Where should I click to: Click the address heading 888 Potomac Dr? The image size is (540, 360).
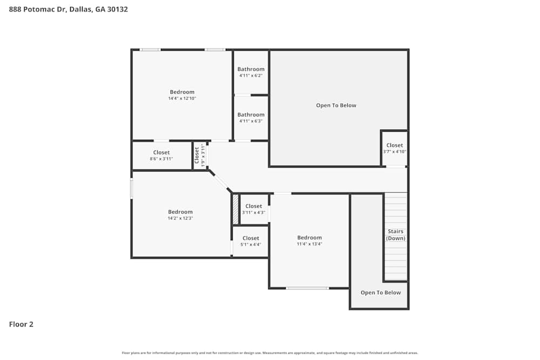coord(69,9)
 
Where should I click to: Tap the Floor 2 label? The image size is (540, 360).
coord(21,324)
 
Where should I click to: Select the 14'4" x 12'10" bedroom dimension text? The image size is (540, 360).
coord(182,99)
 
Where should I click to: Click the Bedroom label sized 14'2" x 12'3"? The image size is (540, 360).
coord(180,212)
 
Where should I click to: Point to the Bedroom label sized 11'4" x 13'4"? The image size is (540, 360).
coord(309,237)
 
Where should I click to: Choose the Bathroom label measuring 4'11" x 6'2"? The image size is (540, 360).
coord(251,69)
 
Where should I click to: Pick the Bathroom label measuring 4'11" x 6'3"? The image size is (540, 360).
coord(251,114)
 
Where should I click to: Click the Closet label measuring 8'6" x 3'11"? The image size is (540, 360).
coord(161,152)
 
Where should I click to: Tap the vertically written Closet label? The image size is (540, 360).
coord(197,155)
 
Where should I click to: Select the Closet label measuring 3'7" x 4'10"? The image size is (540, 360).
coord(394,145)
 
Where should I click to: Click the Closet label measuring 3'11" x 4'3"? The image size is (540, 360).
coord(254,206)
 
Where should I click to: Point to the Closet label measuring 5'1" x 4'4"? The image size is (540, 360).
coord(251,238)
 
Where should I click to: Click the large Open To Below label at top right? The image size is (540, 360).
coord(336,105)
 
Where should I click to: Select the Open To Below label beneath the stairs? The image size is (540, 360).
coord(381,293)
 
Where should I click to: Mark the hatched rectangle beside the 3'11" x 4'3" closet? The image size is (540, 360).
coord(235,209)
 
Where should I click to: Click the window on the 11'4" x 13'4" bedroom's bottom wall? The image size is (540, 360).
coord(307,288)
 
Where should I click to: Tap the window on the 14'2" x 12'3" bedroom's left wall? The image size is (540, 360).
coord(132,188)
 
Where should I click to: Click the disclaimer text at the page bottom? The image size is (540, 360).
coord(270,353)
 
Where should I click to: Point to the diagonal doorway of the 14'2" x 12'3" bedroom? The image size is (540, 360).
coord(220,182)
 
